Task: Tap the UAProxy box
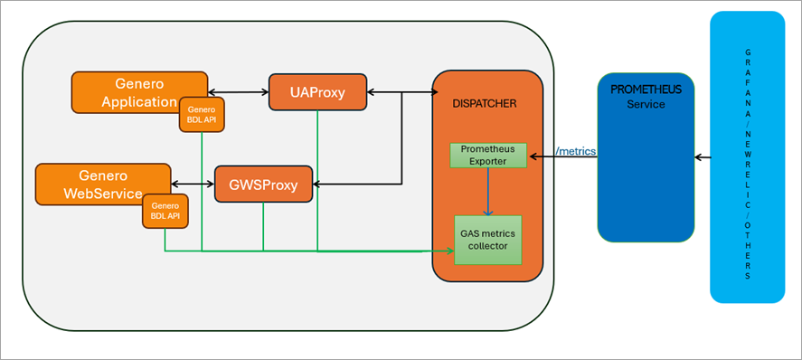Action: (318, 91)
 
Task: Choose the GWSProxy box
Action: (263, 185)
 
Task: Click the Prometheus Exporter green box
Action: (488, 155)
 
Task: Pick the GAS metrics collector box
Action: (487, 240)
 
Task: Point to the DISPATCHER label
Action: (485, 104)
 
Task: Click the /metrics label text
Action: (575, 151)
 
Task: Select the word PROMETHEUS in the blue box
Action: (646, 90)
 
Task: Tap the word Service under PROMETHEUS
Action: (646, 104)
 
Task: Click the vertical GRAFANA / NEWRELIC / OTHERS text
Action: (747, 158)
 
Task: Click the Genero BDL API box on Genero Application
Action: (201, 115)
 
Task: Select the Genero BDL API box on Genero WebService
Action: (165, 212)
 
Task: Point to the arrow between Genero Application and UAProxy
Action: (238, 91)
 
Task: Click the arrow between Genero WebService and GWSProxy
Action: (193, 185)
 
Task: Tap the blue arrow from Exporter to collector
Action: (488, 191)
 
